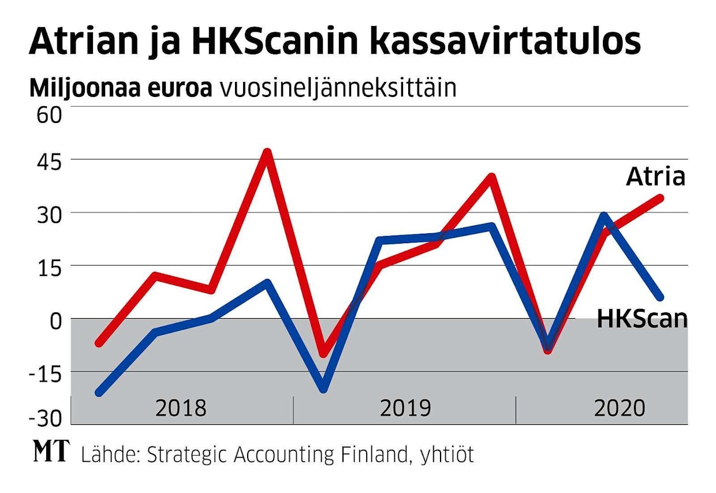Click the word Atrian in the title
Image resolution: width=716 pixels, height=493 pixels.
click(81, 42)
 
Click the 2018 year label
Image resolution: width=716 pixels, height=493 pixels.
click(181, 408)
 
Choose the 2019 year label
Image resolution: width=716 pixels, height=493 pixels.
click(405, 408)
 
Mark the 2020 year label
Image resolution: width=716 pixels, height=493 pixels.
click(620, 408)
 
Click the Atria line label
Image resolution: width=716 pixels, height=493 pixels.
click(655, 177)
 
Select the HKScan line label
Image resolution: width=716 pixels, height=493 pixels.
click(642, 319)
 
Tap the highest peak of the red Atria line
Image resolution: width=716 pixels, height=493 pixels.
click(267, 152)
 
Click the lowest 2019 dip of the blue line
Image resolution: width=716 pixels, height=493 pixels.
click(323, 389)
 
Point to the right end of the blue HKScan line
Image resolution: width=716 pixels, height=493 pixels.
click(660, 297)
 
